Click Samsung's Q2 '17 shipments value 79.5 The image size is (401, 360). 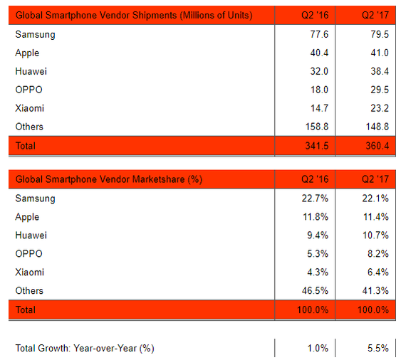coord(380,34)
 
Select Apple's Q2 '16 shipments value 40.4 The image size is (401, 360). coord(319,53)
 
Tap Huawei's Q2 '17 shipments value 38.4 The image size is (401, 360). coord(380,71)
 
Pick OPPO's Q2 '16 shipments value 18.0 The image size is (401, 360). coord(319,90)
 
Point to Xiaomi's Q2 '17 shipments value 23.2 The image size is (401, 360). coord(380,108)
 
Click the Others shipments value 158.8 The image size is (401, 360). coord(317,127)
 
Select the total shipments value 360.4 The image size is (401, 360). coord(377,146)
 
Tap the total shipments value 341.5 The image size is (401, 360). coord(317,146)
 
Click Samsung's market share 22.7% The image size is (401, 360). coord(315,198)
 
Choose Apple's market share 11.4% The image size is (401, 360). coord(376,217)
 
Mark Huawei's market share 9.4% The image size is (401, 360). coord(318,235)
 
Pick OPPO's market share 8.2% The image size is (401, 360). coord(378,254)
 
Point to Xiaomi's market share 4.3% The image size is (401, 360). coord(318,272)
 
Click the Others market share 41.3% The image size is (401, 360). coord(375,290)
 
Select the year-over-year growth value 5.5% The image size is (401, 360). coord(378,348)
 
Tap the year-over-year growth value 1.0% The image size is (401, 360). coord(318,348)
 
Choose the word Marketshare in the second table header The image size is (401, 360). coord(159,179)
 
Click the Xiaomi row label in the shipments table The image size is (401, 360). coord(30,108)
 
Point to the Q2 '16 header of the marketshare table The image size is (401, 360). coord(315,179)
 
